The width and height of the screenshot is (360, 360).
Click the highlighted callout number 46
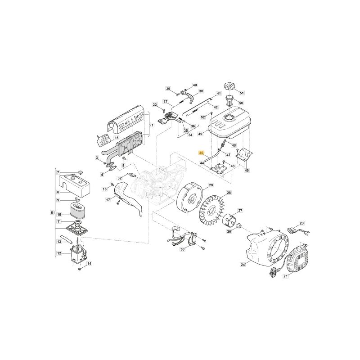202,153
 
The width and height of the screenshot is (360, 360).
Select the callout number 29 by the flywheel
211,185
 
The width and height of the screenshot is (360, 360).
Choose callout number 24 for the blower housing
243,265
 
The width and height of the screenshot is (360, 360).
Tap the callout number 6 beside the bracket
52,212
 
